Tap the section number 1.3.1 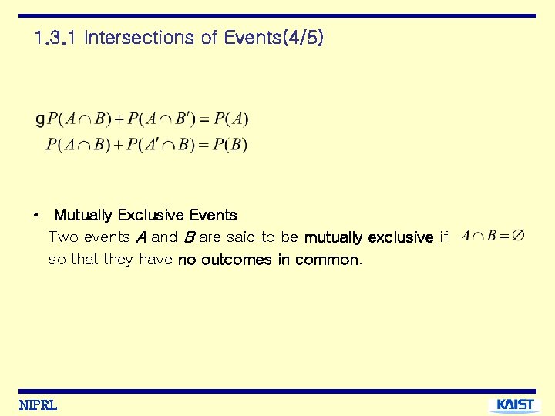tap(56, 37)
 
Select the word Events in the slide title tap(246, 37)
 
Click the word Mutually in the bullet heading tap(83, 215)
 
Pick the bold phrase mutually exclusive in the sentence tap(368, 237)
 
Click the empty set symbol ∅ tap(519, 236)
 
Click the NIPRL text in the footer tap(38, 405)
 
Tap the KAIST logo tap(515, 405)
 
